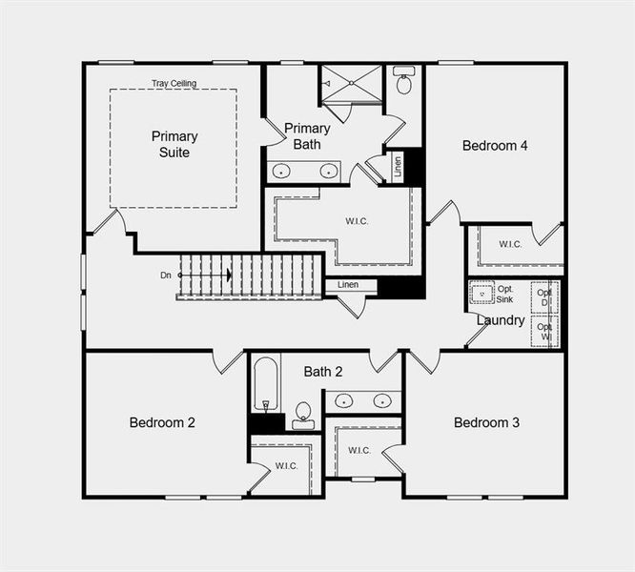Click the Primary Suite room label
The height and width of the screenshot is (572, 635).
pyautogui.click(x=174, y=144)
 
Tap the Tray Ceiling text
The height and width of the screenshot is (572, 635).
pyautogui.click(x=174, y=84)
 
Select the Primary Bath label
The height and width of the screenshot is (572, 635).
pyautogui.click(x=307, y=136)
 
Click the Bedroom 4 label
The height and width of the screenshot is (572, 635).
pyautogui.click(x=495, y=146)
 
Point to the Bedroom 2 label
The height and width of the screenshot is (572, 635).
pyautogui.click(x=162, y=422)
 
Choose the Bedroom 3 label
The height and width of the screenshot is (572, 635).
pyautogui.click(x=486, y=422)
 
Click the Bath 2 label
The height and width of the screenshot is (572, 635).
pyautogui.click(x=323, y=371)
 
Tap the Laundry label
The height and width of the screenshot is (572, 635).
pyautogui.click(x=501, y=320)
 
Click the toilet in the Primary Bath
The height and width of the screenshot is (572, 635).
pyautogui.click(x=403, y=82)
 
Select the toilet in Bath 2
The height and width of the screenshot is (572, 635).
pyautogui.click(x=303, y=413)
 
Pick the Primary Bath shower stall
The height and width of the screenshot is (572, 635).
pyautogui.click(x=350, y=85)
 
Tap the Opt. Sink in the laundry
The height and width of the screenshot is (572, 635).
pyautogui.click(x=481, y=293)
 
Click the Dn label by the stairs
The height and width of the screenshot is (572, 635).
pyautogui.click(x=166, y=276)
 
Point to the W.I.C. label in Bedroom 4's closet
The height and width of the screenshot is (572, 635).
pyautogui.click(x=510, y=244)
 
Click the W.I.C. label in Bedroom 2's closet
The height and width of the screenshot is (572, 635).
pyautogui.click(x=287, y=465)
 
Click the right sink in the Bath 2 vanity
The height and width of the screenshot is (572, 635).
pyautogui.click(x=382, y=400)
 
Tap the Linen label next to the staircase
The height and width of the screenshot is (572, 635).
pyautogui.click(x=348, y=284)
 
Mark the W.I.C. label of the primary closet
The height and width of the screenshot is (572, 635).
pyautogui.click(x=358, y=221)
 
